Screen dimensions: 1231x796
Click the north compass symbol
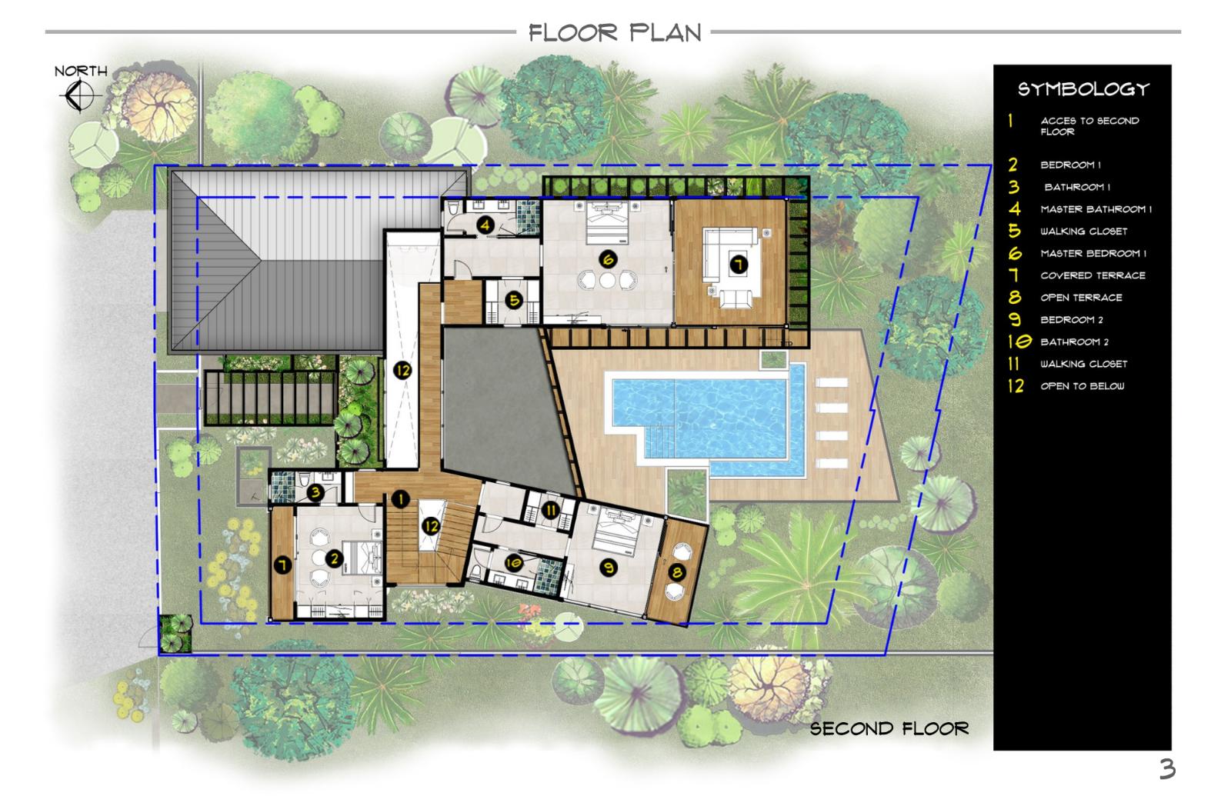[80, 95]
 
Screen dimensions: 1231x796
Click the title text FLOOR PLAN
[615, 33]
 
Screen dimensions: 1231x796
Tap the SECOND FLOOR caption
[889, 729]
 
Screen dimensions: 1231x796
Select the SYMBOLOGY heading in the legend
[1083, 89]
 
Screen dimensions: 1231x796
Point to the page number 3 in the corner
[1167, 769]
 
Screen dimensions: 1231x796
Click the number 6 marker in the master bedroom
[608, 259]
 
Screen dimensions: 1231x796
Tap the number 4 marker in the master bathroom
[485, 225]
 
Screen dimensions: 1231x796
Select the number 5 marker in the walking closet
[514, 301]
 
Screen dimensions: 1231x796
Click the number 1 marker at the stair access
[401, 499]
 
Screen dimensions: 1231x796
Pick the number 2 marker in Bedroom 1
[334, 559]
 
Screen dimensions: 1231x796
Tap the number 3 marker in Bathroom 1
[315, 492]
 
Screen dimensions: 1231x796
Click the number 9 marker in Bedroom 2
[609, 568]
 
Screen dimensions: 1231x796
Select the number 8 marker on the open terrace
[677, 573]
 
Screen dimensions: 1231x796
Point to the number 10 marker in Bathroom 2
[513, 563]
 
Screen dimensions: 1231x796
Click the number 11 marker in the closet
[551, 511]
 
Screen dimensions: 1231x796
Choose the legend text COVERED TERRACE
[1093, 276]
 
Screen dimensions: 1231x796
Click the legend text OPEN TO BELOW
[1082, 386]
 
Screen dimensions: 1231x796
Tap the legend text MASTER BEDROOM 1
[1093, 254]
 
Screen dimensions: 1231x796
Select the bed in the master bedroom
[607, 222]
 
